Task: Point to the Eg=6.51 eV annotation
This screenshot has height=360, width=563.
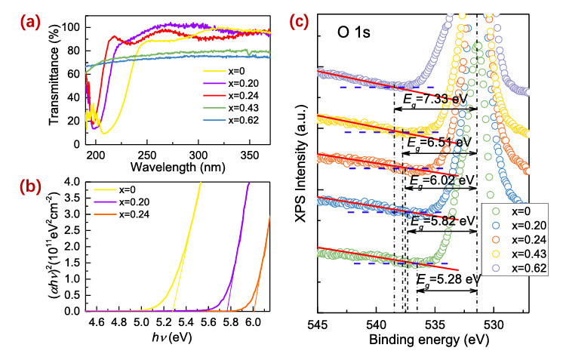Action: pos(440,142)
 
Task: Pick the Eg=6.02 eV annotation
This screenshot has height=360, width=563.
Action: pos(441,181)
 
